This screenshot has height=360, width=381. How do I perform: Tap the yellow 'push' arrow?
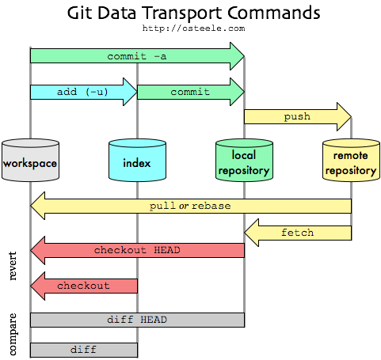point(297,116)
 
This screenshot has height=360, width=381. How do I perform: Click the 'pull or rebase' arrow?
point(190,206)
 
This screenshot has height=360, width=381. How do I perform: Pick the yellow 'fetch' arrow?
point(298,233)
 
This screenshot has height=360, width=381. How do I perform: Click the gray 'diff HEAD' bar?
point(137,320)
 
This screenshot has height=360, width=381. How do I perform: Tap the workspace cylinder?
point(30,161)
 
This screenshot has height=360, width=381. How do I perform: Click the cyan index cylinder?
point(137,161)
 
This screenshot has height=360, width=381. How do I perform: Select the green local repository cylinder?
point(244,161)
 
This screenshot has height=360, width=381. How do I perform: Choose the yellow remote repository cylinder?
point(350,161)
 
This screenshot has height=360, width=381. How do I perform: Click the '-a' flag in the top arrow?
point(158,56)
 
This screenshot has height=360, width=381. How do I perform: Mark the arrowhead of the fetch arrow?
point(250,233)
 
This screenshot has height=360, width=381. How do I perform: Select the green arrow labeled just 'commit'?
point(190,92)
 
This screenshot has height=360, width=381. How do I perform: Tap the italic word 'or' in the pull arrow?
point(185,206)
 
